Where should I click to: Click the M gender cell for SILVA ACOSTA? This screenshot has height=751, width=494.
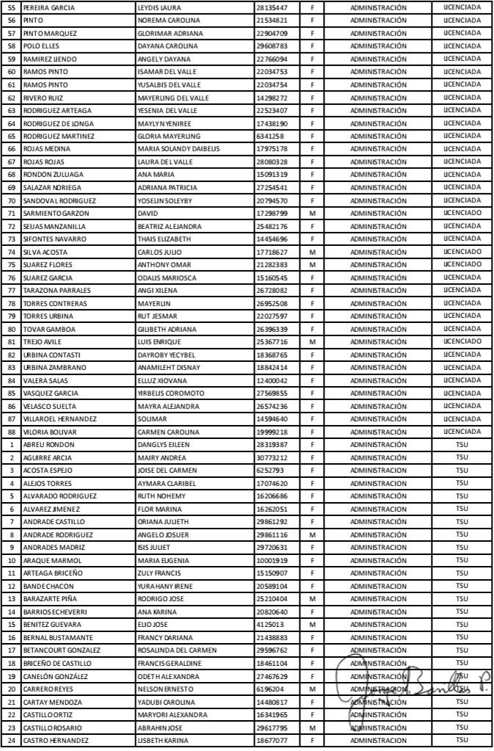313,252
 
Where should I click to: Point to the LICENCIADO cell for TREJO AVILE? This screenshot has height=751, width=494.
462,341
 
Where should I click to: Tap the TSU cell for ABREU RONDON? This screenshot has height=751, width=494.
462,444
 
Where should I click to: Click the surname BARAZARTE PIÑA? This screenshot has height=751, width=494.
53,600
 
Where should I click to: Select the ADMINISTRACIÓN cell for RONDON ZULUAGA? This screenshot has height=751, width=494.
378,174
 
